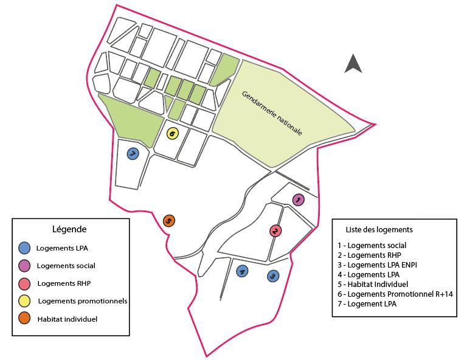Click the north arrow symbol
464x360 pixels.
point(353,64)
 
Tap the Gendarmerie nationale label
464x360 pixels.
point(272,113)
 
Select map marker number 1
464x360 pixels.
point(298,199)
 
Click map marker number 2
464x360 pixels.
point(275,230)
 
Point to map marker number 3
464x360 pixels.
point(273,276)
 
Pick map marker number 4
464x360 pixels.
point(242,271)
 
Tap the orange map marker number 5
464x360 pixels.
point(169,221)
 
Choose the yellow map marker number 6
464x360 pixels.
point(172,133)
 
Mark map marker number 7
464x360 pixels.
point(133,154)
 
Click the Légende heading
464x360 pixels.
point(69,229)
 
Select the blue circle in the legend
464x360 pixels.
point(24,247)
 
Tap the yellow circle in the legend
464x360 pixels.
point(24,301)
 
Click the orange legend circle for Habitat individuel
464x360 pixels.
point(24,319)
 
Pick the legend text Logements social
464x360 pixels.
point(66,265)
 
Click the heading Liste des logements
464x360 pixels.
point(379,230)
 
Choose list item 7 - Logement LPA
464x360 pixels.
point(367,303)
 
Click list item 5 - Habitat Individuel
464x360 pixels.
point(373,284)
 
